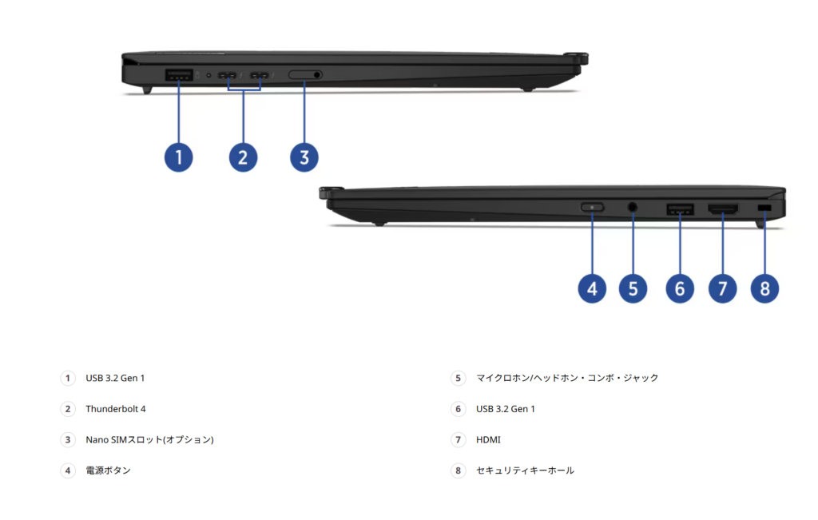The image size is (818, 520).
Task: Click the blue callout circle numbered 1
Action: (179, 157)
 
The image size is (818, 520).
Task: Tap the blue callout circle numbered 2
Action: (243, 157)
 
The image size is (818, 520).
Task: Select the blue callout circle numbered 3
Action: (304, 157)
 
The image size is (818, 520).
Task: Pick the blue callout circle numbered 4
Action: (592, 288)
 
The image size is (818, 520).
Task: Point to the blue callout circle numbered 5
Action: (633, 288)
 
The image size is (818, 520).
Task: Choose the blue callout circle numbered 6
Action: (680, 288)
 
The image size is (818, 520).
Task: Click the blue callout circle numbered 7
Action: (723, 288)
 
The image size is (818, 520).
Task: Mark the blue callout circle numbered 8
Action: (764, 288)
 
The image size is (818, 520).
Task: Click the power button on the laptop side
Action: (592, 208)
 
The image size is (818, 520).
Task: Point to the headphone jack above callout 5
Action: (633, 208)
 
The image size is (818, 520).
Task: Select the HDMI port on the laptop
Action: (723, 209)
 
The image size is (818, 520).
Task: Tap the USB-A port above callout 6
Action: (680, 209)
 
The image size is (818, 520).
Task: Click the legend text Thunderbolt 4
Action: (116, 409)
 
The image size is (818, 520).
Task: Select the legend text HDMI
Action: (488, 440)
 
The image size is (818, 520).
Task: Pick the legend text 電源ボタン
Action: (108, 470)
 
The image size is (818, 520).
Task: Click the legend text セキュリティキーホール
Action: (525, 470)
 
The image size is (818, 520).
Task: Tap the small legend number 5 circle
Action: (458, 378)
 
